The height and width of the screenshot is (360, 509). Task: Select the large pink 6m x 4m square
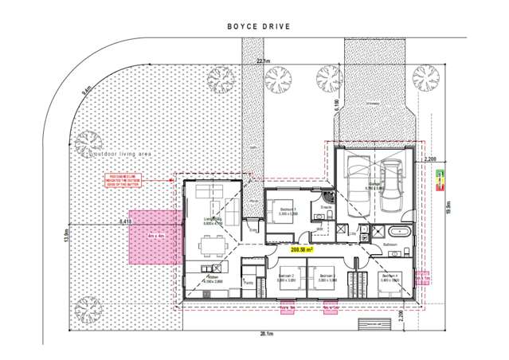151,237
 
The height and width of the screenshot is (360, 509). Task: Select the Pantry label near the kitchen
249,281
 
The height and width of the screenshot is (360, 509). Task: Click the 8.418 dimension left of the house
125,221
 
